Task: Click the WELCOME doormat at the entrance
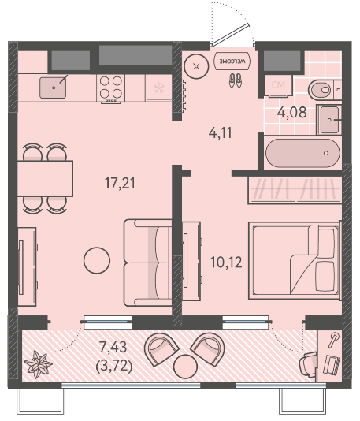pyautogui.click(x=232, y=61)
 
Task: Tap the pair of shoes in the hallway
pyautogui.click(x=236, y=80)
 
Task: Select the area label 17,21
pyautogui.click(x=120, y=184)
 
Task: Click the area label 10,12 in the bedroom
pyautogui.click(x=226, y=262)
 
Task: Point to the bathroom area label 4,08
pyautogui.click(x=292, y=112)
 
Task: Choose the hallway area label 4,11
pyautogui.click(x=221, y=132)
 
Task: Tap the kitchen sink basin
pyautogui.click(x=53, y=88)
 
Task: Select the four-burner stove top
pyautogui.click(x=111, y=88)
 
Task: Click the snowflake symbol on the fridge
pyautogui.click(x=158, y=88)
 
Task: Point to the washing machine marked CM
pyautogui.click(x=278, y=85)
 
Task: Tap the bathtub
pyautogui.click(x=302, y=153)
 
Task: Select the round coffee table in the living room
pyautogui.click(x=97, y=260)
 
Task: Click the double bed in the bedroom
pyautogui.click(x=295, y=260)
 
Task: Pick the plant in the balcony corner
pyautogui.click(x=38, y=365)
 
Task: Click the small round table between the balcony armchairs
pyautogui.click(x=186, y=367)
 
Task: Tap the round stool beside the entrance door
pyautogui.click(x=197, y=66)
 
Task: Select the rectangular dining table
pyautogui.click(x=46, y=178)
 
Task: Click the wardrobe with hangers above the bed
pyautogui.click(x=295, y=189)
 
